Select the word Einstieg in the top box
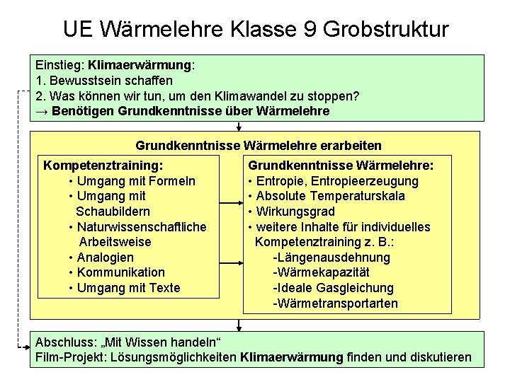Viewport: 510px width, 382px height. (59, 65)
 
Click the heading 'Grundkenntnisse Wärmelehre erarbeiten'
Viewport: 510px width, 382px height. (258, 146)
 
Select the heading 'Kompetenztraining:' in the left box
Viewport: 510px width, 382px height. (103, 166)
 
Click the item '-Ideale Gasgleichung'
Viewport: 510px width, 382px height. (333, 288)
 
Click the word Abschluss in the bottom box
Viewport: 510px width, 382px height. (64, 342)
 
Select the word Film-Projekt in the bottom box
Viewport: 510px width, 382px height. (69, 358)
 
